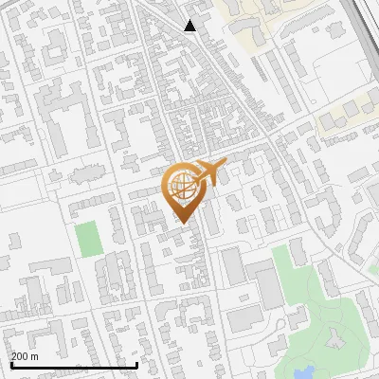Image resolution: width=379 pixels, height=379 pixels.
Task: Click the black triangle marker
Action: (x=190, y=26)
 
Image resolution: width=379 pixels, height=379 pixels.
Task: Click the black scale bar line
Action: (x=74, y=365)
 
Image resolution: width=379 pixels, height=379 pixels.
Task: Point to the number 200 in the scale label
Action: (x=21, y=356)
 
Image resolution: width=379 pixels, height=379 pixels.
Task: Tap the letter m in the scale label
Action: (x=35, y=356)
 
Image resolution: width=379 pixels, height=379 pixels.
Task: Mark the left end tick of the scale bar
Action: (x=10, y=363)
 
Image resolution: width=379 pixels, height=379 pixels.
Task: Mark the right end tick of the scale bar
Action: (x=137, y=363)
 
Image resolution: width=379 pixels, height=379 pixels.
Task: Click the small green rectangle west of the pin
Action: (x=88, y=238)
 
